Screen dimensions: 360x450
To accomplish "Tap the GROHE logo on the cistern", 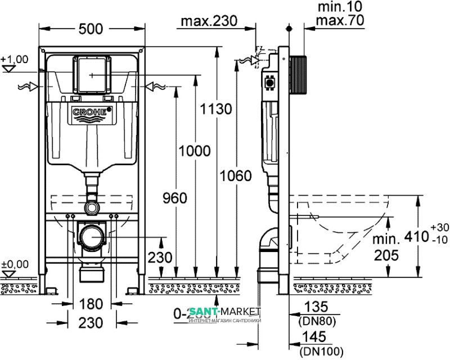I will pos(91,112).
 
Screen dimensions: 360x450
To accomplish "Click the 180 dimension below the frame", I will pos(91,304).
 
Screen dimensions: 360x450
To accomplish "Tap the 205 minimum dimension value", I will pos(385,255).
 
